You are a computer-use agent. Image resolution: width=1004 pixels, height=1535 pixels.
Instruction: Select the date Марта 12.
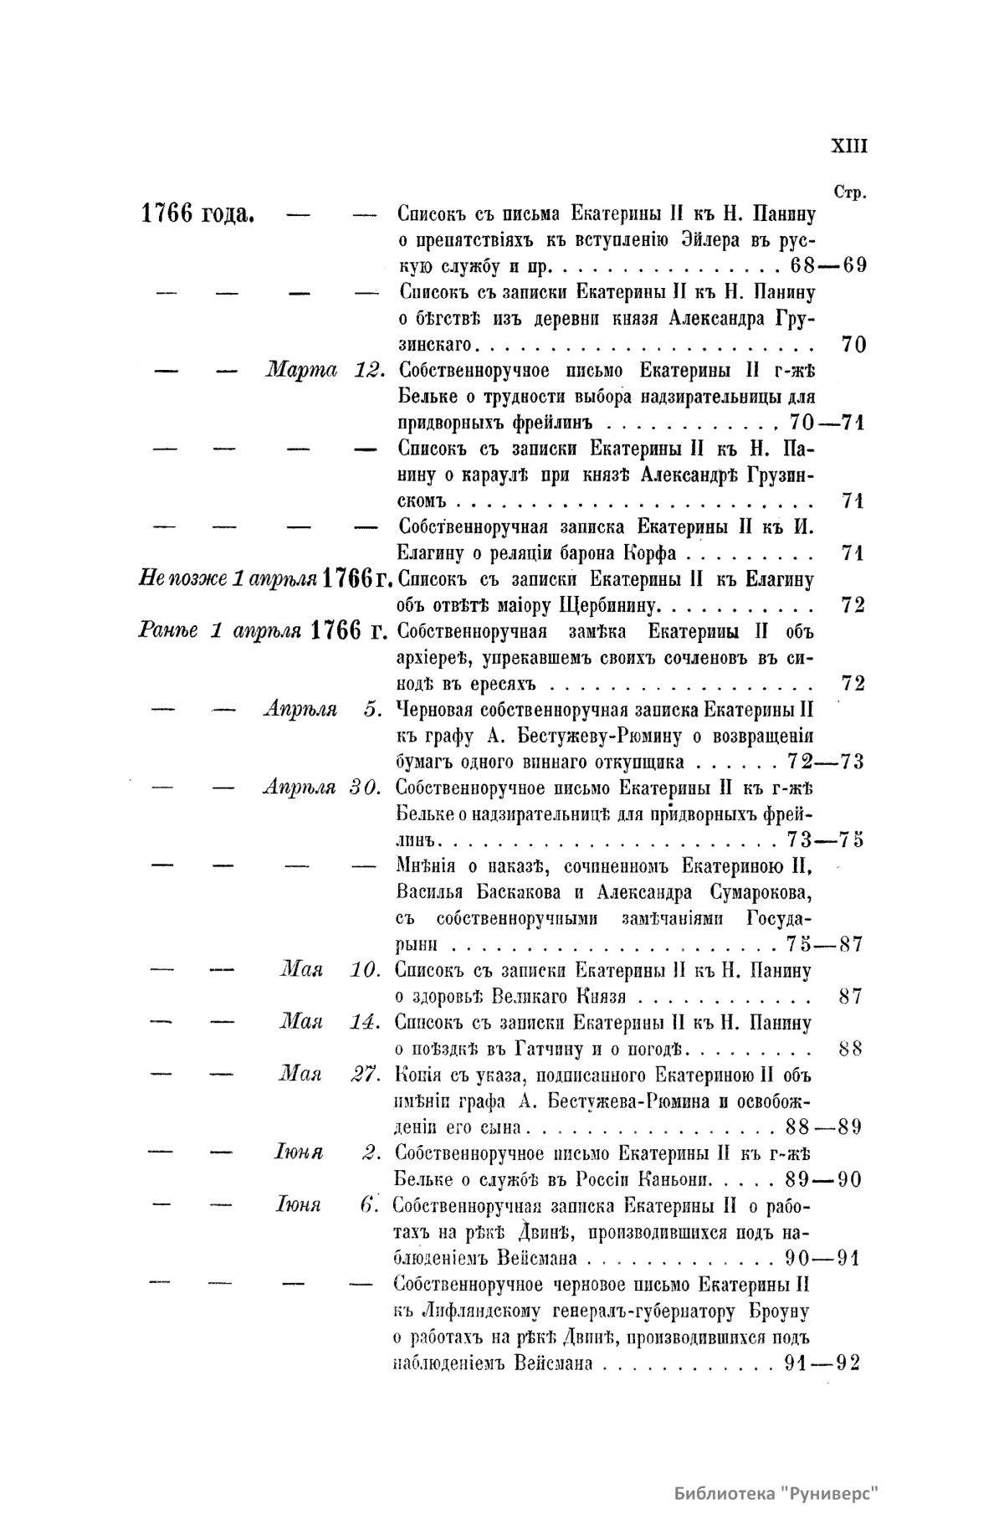324,371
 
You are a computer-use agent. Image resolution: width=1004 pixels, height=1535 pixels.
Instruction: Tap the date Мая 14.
330,1023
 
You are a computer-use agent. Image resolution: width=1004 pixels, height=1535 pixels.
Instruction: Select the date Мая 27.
330,1075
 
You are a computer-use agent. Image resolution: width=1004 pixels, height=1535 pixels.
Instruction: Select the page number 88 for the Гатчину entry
850,1049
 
